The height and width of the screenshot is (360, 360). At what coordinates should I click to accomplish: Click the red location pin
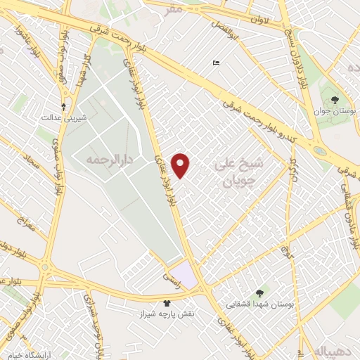[181, 165]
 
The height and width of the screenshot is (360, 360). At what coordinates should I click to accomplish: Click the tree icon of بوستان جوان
[334, 100]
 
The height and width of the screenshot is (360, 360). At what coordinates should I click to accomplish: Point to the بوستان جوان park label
[335, 112]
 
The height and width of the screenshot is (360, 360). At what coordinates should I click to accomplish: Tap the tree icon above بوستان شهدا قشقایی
[261, 292]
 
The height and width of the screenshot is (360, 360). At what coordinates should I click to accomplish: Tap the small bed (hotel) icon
[215, 64]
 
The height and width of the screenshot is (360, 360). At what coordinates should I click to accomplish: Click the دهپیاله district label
[332, 350]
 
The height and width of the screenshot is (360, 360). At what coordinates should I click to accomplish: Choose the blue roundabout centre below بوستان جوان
[320, 150]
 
